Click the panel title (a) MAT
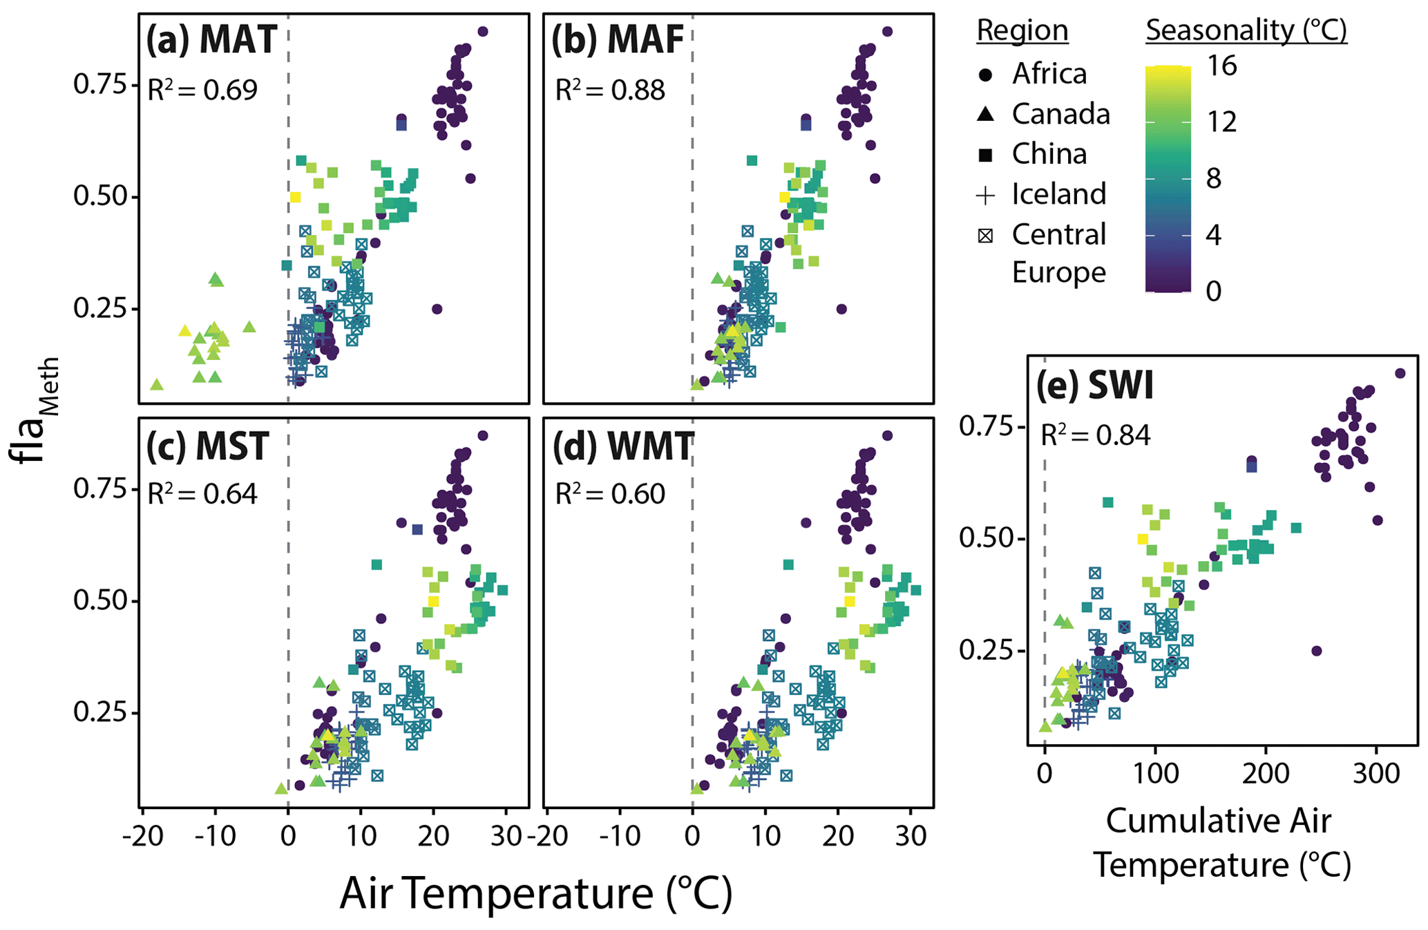pos(211,40)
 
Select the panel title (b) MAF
pos(618,40)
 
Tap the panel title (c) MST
pos(207,446)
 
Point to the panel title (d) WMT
pos(622,446)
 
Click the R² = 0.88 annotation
pos(610,90)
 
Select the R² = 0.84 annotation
pos(1096,435)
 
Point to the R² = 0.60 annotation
pos(610,494)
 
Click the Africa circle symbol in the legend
pos(986,75)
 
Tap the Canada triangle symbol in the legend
pos(986,115)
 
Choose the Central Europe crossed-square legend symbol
pos(986,236)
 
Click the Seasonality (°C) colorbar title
pos(1246,30)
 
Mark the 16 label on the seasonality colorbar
pos(1221,66)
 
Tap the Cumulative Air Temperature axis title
pos(1220,843)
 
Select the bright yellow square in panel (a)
pos(296,198)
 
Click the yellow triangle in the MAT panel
pos(184,331)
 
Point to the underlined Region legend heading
pos(1022,30)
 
